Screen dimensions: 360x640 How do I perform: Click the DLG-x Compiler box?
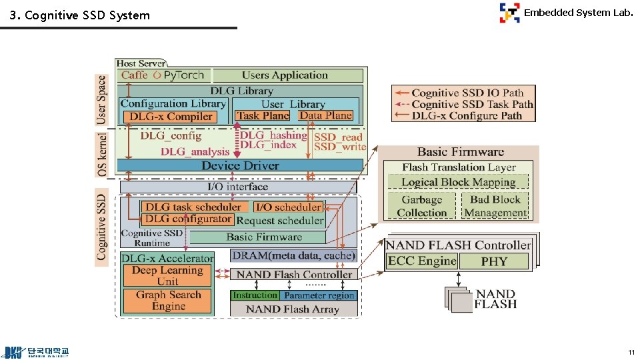(x=170, y=117)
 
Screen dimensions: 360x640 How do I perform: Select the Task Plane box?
(x=263, y=116)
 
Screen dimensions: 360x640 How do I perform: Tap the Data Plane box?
(x=325, y=116)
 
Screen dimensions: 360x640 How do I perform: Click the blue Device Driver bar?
(x=240, y=165)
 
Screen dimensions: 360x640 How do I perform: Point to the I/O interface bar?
(x=238, y=187)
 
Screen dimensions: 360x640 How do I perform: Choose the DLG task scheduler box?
(x=193, y=207)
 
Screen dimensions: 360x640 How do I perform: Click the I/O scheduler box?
(x=288, y=207)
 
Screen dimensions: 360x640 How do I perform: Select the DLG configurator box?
(x=187, y=219)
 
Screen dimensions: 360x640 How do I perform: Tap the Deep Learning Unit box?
(x=167, y=276)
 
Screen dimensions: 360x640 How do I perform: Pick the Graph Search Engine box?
(x=168, y=301)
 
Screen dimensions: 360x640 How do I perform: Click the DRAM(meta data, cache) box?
(x=293, y=255)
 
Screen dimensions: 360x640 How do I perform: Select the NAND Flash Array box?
(x=293, y=309)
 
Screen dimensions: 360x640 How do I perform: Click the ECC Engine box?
(x=422, y=261)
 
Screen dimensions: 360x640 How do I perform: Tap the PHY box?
(x=494, y=262)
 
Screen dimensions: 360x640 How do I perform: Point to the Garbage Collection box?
(x=421, y=206)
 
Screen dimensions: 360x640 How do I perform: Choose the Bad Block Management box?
(x=495, y=206)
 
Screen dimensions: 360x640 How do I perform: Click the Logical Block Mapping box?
(x=459, y=182)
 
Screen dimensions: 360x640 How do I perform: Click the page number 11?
(x=631, y=352)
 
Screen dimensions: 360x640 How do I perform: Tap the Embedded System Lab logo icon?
(x=509, y=13)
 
